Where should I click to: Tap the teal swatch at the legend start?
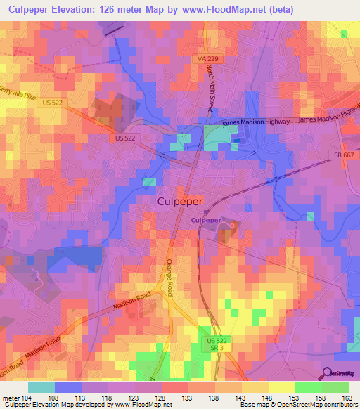(41, 387)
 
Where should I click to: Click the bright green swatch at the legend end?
(335, 387)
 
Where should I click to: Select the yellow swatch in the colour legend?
(282, 387)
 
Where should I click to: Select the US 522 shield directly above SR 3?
(217, 340)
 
